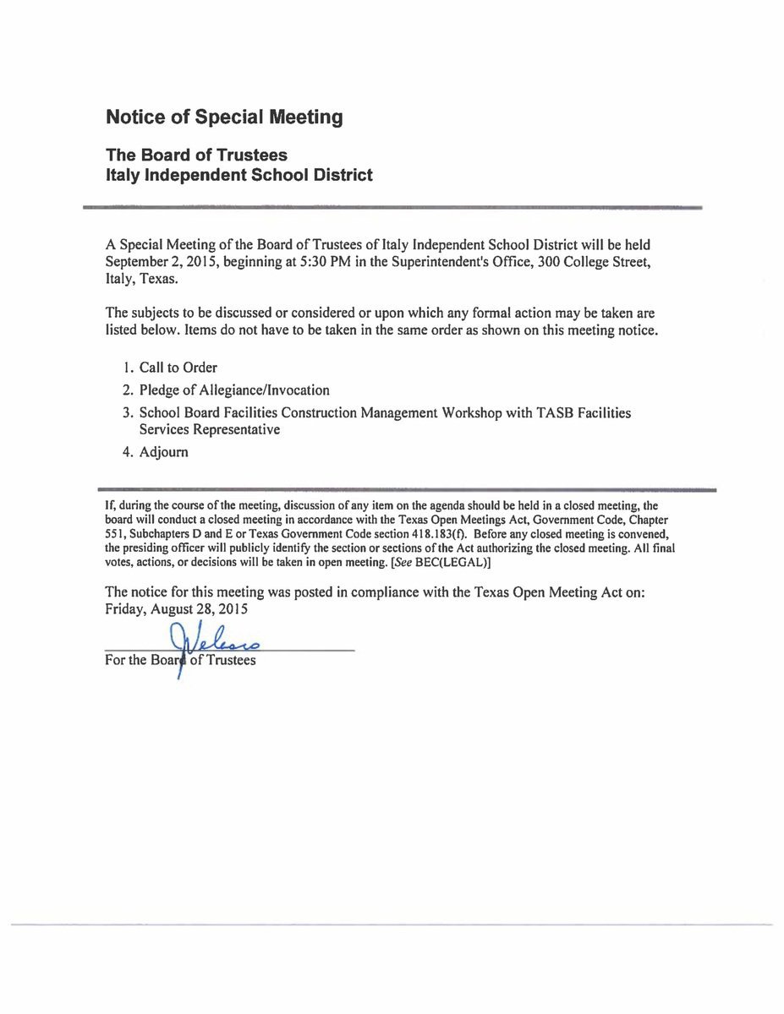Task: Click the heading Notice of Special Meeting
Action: [x=224, y=117]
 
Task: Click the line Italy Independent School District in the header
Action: [x=238, y=176]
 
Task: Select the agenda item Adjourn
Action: [x=163, y=452]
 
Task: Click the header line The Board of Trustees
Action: [x=196, y=155]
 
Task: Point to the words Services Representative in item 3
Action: [x=210, y=429]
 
